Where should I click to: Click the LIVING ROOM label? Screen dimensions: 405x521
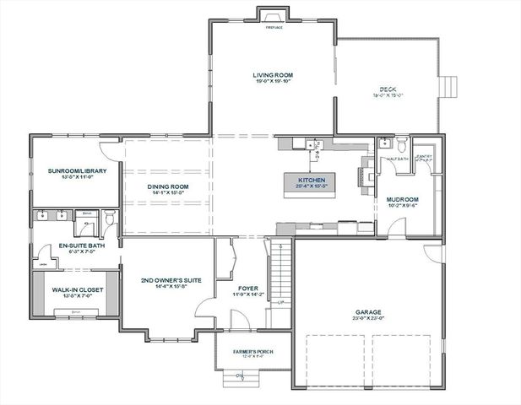tap(271, 77)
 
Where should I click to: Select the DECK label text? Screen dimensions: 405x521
tap(388, 89)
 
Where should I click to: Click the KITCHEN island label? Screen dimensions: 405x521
tap(311, 180)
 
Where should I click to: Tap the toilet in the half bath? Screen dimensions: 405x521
tap(403, 143)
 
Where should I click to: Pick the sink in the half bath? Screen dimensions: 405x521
tap(384, 143)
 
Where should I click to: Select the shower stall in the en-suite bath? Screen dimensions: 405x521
tap(84, 223)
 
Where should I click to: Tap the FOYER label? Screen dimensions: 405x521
tap(248, 288)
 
